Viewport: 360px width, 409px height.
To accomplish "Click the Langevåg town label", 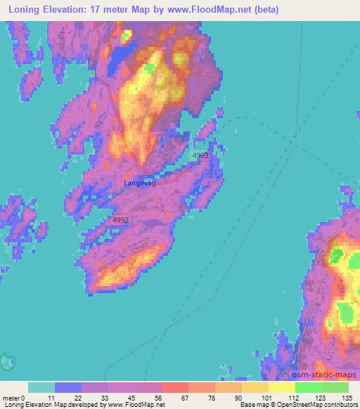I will click(139, 183).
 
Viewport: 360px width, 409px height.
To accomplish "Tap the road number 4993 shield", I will click(200, 155).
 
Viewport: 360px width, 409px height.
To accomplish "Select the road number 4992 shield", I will click(120, 220).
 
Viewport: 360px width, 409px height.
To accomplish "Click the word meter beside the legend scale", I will click(11, 398).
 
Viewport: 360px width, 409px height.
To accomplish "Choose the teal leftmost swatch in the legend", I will click(41, 387).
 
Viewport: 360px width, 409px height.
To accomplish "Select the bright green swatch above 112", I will click(308, 387).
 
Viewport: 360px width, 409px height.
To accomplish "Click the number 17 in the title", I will click(99, 10).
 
